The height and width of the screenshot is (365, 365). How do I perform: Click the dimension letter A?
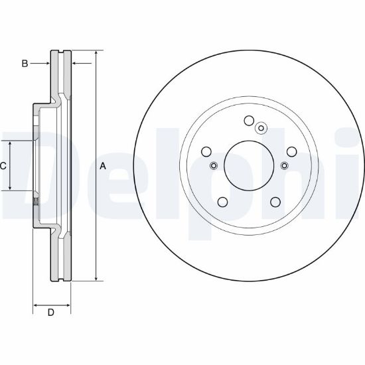103,166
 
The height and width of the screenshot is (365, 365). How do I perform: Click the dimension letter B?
25,63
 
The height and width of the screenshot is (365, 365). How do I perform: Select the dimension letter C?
3,166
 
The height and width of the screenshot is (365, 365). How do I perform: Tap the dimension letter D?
51,313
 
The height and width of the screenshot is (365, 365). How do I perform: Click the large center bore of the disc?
249,165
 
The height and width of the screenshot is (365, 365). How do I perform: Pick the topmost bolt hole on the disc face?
249,121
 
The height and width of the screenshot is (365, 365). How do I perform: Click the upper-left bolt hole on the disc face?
206,152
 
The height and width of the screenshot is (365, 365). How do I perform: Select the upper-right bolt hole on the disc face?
292,152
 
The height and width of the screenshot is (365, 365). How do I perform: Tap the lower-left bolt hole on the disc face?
222,202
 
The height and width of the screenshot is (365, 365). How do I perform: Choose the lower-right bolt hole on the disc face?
275,202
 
